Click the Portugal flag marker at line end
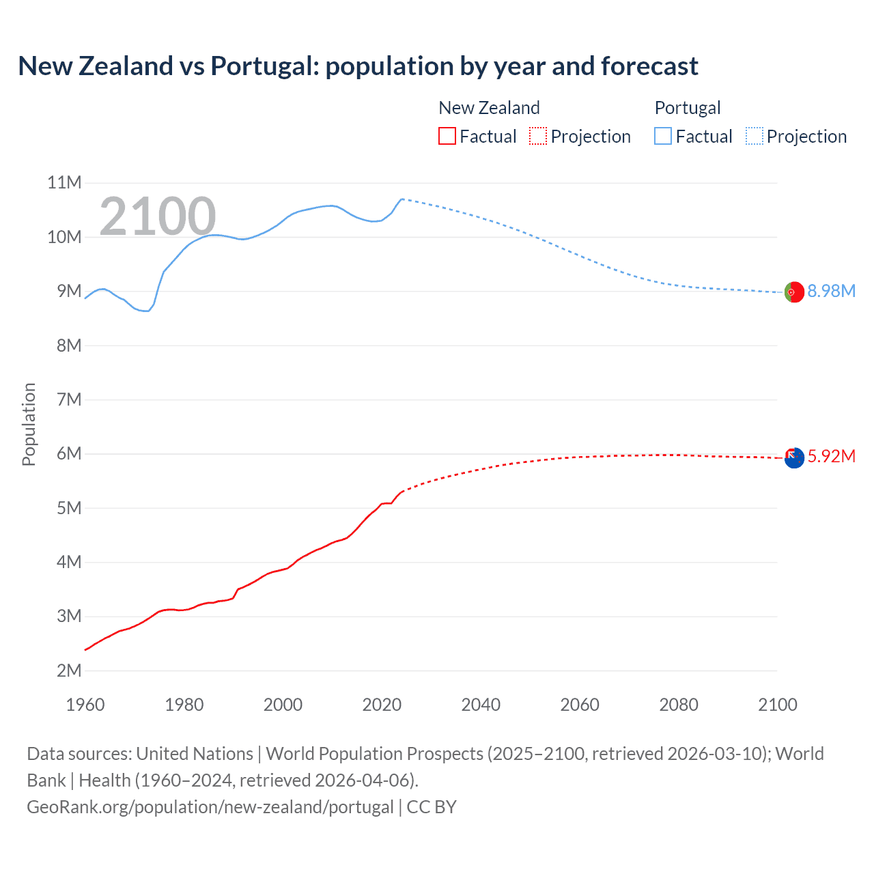[794, 292]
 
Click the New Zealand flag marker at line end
[794, 458]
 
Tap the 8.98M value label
[831, 292]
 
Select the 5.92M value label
[831, 457]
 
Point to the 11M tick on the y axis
[64, 183]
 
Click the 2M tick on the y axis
[69, 671]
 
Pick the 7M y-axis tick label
[69, 400]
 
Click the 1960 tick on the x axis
[85, 705]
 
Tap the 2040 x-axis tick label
[481, 705]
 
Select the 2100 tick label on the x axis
[777, 705]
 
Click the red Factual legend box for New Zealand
[447, 137]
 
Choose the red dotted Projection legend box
[538, 137]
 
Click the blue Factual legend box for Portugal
[663, 137]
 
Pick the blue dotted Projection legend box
[754, 137]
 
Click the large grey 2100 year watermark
[158, 216]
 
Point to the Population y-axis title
[29, 424]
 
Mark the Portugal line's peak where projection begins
[402, 199]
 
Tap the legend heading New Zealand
[489, 108]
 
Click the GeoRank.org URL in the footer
[210, 807]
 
